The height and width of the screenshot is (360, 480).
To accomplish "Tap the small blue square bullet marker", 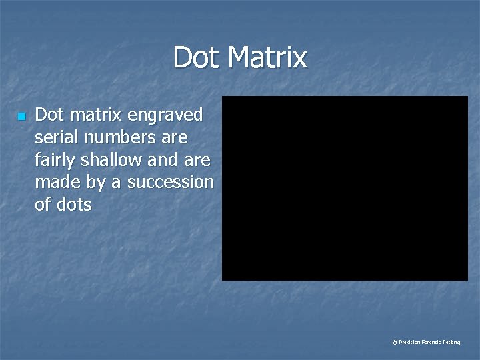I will coord(21,117).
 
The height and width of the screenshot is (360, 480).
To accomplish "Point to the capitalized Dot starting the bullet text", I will coord(49,115).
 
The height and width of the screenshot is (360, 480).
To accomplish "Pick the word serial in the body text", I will coord(56,137).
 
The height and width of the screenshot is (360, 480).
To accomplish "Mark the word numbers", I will coord(119,137).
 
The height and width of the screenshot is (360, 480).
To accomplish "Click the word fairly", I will coord(55,161).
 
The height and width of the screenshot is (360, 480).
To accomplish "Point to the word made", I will coord(55,182).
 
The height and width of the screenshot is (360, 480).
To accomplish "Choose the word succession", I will coord(170,182).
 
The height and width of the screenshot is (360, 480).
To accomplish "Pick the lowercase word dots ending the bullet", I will coord(73,204).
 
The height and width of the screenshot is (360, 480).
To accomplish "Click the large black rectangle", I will coord(345,188).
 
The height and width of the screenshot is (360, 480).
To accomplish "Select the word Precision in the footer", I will coord(409,342).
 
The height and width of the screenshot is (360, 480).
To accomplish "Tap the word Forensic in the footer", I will coord(431,342).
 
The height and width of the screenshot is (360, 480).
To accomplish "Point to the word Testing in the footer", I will coord(451,342).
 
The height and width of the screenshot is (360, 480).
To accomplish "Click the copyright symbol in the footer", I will coord(395,342).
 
